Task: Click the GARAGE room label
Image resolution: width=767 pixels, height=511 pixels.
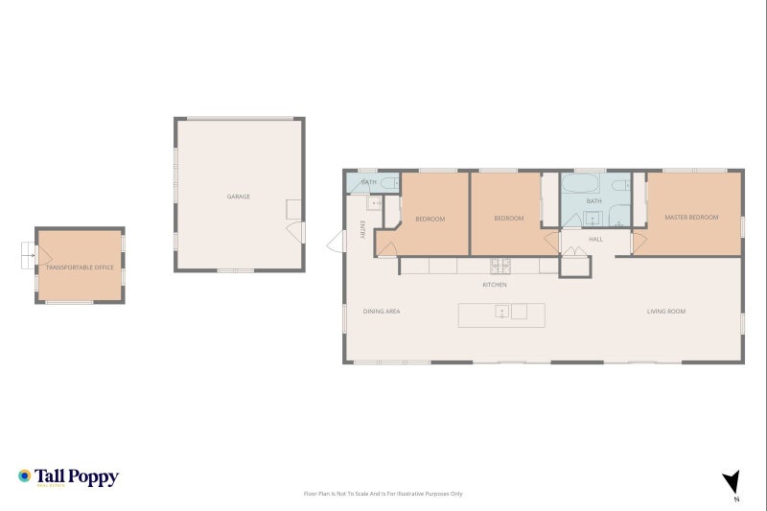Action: pyautogui.click(x=239, y=197)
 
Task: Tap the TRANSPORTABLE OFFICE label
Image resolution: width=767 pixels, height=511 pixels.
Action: pyautogui.click(x=80, y=267)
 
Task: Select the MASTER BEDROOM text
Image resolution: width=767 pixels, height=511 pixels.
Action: pyautogui.click(x=691, y=218)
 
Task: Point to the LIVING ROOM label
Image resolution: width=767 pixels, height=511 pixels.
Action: pyautogui.click(x=665, y=311)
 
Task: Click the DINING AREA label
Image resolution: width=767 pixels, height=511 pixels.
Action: pyautogui.click(x=381, y=311)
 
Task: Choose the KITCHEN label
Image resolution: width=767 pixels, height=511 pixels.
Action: pyautogui.click(x=494, y=285)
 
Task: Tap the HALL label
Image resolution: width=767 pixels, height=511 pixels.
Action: pyautogui.click(x=595, y=239)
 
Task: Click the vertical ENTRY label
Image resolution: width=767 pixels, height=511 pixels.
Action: pyautogui.click(x=362, y=230)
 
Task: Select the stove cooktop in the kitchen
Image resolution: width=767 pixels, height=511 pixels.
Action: pyautogui.click(x=500, y=266)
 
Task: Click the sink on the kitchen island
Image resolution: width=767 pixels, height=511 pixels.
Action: pyautogui.click(x=501, y=312)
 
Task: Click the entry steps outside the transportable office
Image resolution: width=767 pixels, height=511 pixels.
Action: pyautogui.click(x=26, y=255)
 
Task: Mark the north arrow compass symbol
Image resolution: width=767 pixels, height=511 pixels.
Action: pyautogui.click(x=732, y=482)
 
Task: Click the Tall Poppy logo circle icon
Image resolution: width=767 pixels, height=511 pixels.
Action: pyautogui.click(x=24, y=476)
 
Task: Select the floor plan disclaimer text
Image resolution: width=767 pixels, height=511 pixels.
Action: pyautogui.click(x=383, y=494)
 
